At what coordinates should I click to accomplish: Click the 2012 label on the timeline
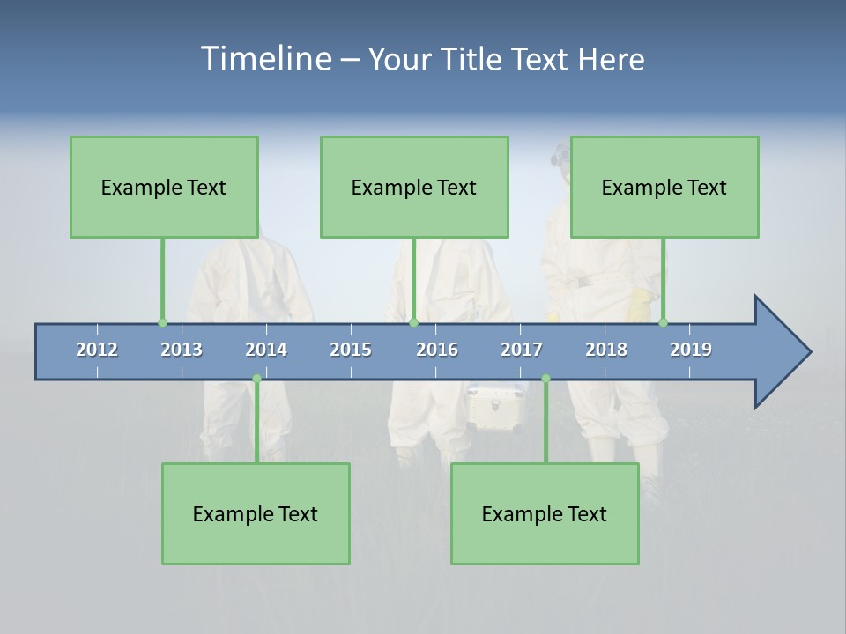click(x=97, y=350)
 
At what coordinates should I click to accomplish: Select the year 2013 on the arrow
click(x=182, y=350)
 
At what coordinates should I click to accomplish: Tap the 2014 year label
click(x=266, y=350)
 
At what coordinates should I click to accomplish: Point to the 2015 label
click(x=351, y=350)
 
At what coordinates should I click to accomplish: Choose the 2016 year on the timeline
click(x=437, y=350)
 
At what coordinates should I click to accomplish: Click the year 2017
click(x=522, y=350)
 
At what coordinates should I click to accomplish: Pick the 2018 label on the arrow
click(x=606, y=350)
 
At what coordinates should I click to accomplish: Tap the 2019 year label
click(x=691, y=350)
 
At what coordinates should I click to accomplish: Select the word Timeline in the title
click(x=265, y=58)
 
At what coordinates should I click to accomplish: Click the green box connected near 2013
click(x=164, y=187)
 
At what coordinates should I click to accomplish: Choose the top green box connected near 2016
click(x=414, y=187)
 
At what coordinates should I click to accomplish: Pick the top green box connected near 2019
click(x=664, y=187)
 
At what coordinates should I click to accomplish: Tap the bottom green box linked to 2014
click(x=256, y=513)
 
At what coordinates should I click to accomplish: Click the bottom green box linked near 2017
click(x=545, y=513)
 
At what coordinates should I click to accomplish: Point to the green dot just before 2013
click(x=162, y=322)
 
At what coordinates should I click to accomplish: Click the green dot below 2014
click(x=256, y=379)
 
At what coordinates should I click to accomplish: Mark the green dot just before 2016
click(x=413, y=322)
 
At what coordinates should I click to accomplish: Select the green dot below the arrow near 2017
click(x=545, y=379)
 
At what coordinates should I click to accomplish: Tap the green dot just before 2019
click(x=663, y=322)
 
